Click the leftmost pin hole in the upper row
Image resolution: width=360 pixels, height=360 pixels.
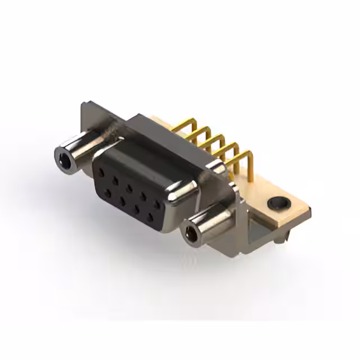[102, 171]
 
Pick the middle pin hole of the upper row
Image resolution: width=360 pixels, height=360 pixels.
[129, 187]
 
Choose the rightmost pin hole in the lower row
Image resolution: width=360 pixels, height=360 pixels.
[149, 217]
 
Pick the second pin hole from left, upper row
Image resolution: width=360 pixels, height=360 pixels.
[116, 179]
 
